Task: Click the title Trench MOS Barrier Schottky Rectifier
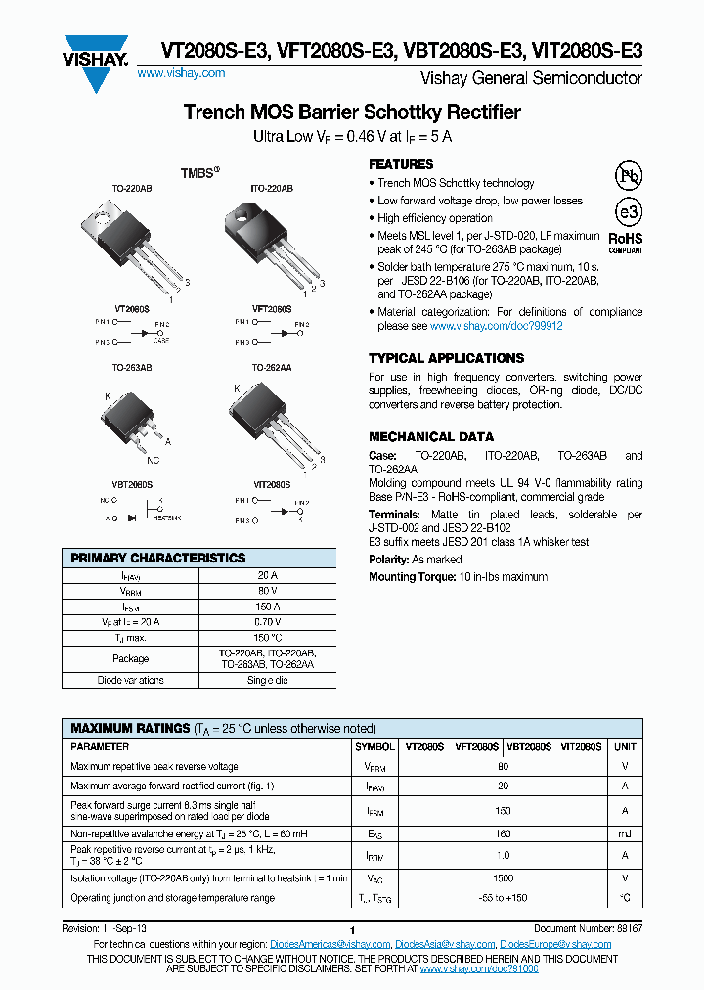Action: click(352, 112)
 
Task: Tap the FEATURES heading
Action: click(401, 164)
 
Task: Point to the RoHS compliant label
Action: click(626, 242)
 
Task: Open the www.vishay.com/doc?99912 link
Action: click(496, 326)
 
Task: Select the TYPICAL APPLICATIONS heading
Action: click(446, 358)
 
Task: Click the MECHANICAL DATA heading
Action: click(431, 436)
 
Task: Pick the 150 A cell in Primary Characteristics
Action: click(267, 607)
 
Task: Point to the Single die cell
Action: click(267, 680)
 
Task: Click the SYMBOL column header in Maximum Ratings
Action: click(375, 746)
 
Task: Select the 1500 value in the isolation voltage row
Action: click(503, 879)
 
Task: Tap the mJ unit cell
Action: click(624, 834)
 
